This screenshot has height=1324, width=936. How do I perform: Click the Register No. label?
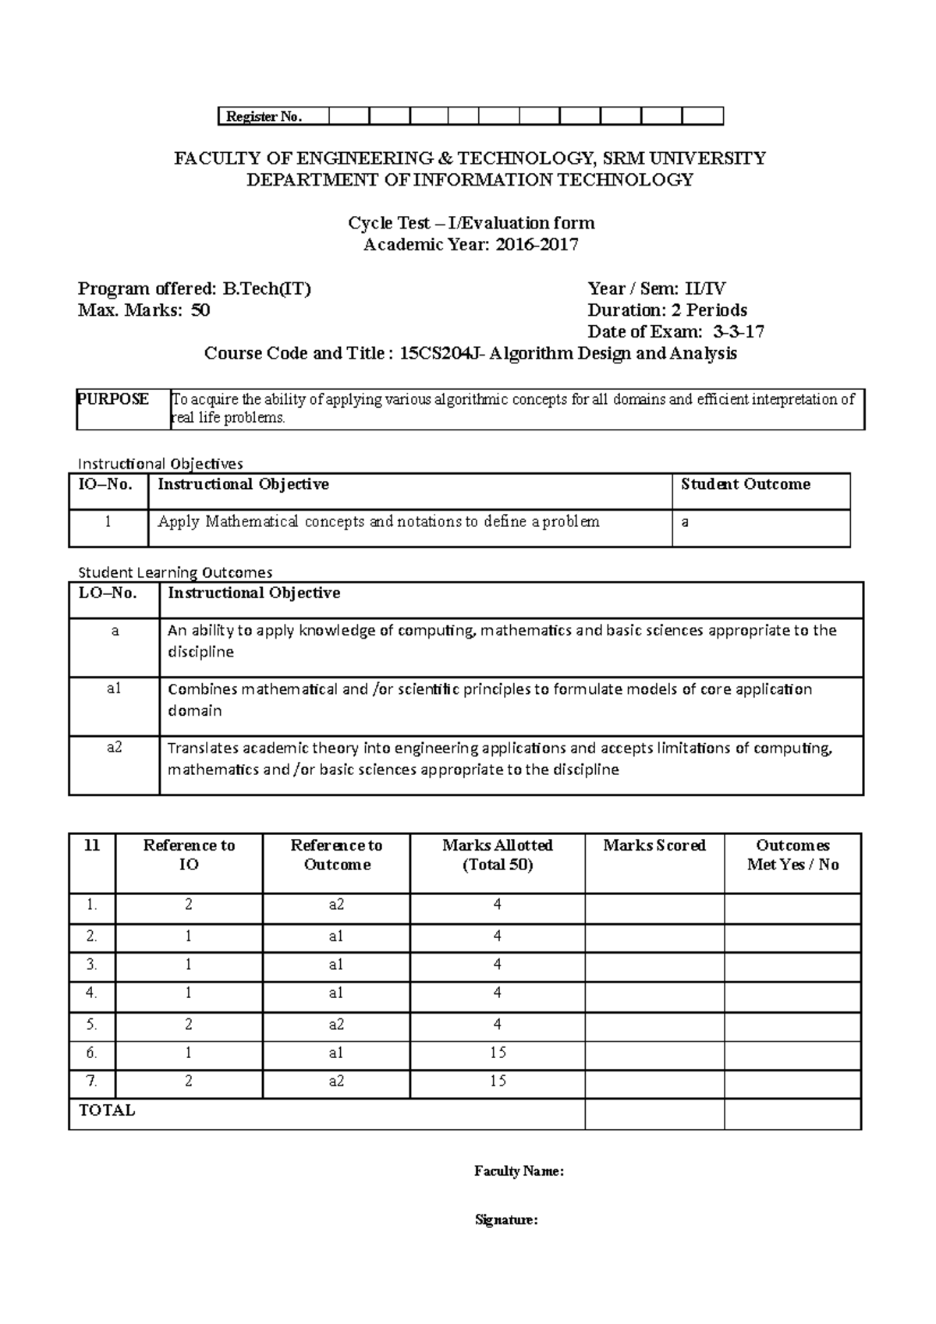click(x=263, y=117)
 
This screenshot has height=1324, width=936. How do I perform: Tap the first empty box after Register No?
click(x=349, y=116)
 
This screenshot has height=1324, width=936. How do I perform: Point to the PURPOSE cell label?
click(x=113, y=399)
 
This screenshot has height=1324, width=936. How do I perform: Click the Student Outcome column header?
click(x=745, y=484)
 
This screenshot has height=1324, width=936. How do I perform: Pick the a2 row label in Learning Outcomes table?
click(x=114, y=747)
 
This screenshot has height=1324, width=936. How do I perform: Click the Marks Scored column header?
click(x=654, y=845)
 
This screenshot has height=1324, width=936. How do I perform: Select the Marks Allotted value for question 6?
click(x=498, y=1053)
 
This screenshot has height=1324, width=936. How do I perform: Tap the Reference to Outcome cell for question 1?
click(x=336, y=904)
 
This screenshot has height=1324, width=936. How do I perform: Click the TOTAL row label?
click(x=107, y=1110)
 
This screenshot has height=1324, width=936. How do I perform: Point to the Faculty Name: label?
click(x=519, y=1170)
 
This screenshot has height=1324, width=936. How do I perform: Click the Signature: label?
click(x=506, y=1220)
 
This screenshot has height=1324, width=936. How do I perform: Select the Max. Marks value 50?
click(x=200, y=310)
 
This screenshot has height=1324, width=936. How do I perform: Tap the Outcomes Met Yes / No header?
click(x=792, y=855)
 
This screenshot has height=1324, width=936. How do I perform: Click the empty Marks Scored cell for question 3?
click(x=654, y=965)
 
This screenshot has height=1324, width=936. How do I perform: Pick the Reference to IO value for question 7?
click(x=189, y=1081)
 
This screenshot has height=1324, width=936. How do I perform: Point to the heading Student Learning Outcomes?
click(x=174, y=572)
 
